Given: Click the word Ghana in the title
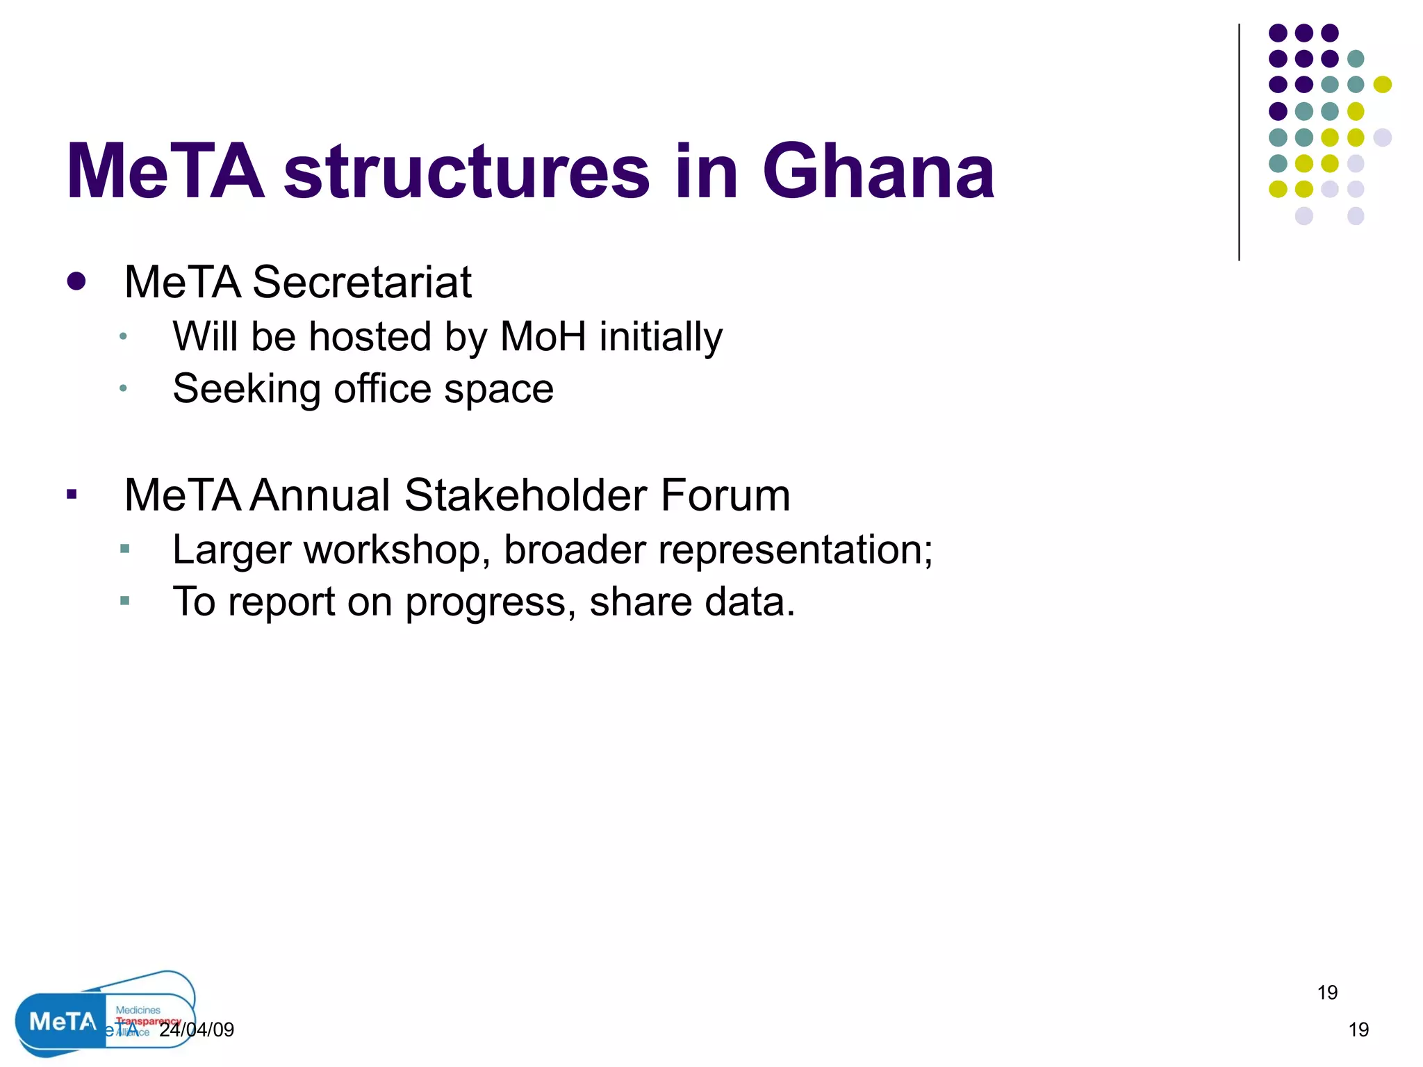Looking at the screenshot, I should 878,172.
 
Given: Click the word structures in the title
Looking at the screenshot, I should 467,172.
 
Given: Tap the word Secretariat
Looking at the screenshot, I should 361,283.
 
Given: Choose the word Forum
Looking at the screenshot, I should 725,495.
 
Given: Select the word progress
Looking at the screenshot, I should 491,602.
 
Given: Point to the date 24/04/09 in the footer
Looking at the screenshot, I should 197,1029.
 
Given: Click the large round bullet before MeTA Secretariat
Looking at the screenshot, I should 76,281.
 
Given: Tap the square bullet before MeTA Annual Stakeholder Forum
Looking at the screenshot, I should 72,495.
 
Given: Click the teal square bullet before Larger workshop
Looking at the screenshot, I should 125,549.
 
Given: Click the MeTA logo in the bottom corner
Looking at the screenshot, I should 61,1021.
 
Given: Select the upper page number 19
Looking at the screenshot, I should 1327,993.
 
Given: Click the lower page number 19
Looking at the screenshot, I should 1358,1029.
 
